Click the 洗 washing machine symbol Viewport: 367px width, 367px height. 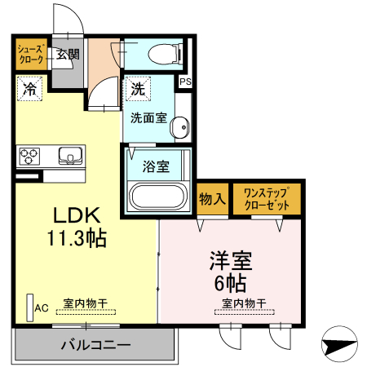tap(135, 86)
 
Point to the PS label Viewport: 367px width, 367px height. tap(185, 82)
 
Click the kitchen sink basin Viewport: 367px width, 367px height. tap(69, 154)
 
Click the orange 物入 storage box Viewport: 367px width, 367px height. tap(211, 199)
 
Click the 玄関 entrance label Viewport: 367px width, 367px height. tap(68, 55)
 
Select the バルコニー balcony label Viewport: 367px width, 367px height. tap(95, 345)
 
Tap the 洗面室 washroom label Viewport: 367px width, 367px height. tap(150, 117)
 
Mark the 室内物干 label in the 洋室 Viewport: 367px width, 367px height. tap(245, 303)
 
